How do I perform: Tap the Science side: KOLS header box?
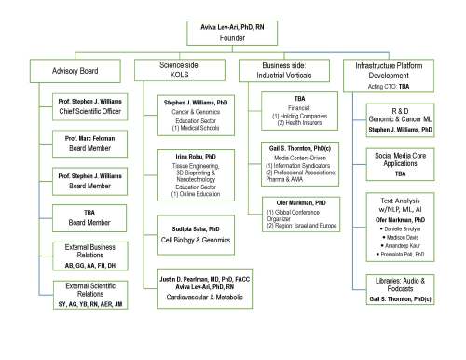pyautogui.click(x=178, y=70)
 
